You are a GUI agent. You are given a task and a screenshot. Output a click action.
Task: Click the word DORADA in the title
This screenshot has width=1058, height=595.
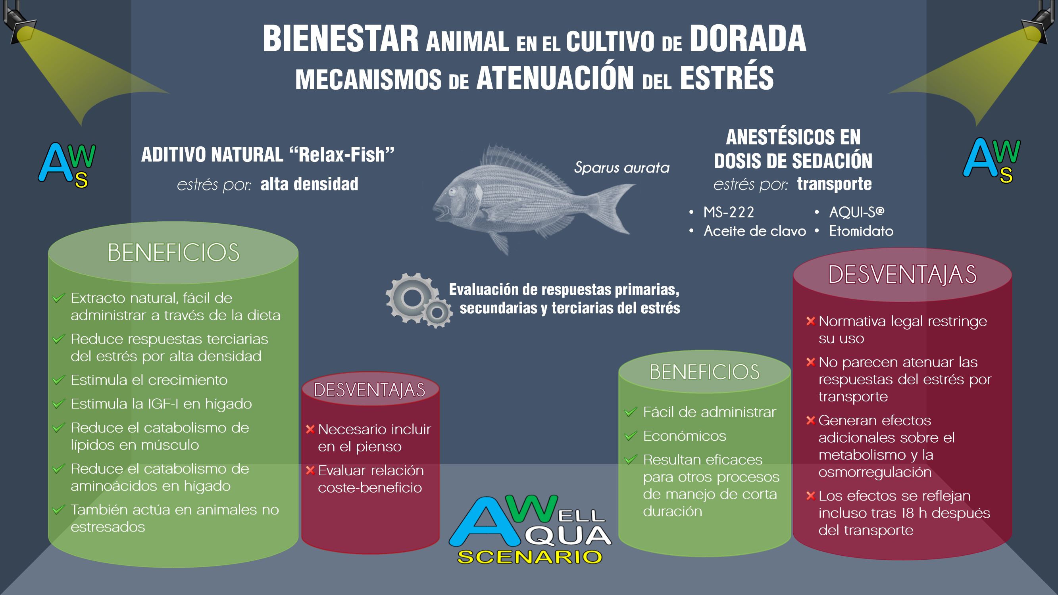coord(748,39)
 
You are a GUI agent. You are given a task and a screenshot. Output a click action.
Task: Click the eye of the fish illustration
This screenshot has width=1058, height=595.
coord(453,191)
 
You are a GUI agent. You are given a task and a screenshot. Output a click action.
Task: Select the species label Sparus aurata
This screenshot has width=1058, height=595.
coord(621,167)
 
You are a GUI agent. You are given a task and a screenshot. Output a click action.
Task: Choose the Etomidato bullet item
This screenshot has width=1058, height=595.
coord(861,231)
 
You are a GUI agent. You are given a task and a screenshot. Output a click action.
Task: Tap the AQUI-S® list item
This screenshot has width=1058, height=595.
coord(857,212)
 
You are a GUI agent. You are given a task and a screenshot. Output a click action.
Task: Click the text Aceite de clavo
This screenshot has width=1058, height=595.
coord(755,231)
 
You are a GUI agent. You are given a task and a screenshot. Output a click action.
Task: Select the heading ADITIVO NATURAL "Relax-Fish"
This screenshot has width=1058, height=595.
coord(267,155)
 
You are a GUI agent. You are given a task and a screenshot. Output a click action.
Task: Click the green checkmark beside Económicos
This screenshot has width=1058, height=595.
coord(631,436)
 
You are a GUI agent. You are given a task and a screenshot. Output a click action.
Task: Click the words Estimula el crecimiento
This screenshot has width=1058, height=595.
coord(149,380)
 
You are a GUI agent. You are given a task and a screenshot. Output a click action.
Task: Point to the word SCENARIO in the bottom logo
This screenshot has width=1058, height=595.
coord(530,557)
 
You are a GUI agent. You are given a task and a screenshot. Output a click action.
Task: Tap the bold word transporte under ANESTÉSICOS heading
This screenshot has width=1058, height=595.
coord(835,184)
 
